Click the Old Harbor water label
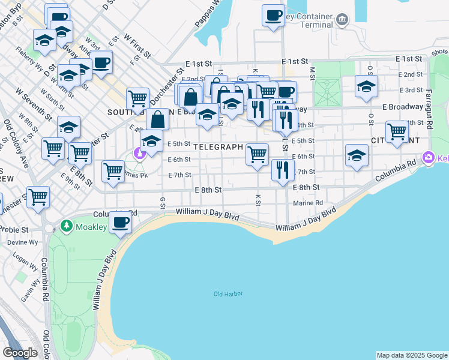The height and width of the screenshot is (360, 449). pyautogui.click(x=226, y=293)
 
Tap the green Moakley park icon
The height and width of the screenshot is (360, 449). pyautogui.click(x=67, y=227)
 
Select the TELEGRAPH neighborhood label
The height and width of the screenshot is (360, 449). pyautogui.click(x=218, y=147)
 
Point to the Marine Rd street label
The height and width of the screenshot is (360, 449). pyautogui.click(x=308, y=203)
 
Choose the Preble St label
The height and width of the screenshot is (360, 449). pyautogui.click(x=15, y=230)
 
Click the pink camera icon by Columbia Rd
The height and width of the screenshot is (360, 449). pyautogui.click(x=429, y=158)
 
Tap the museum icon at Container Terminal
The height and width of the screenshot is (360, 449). pyautogui.click(x=342, y=20)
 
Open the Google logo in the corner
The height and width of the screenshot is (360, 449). pyautogui.click(x=20, y=352)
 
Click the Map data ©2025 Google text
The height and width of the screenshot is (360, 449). pyautogui.click(x=412, y=355)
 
